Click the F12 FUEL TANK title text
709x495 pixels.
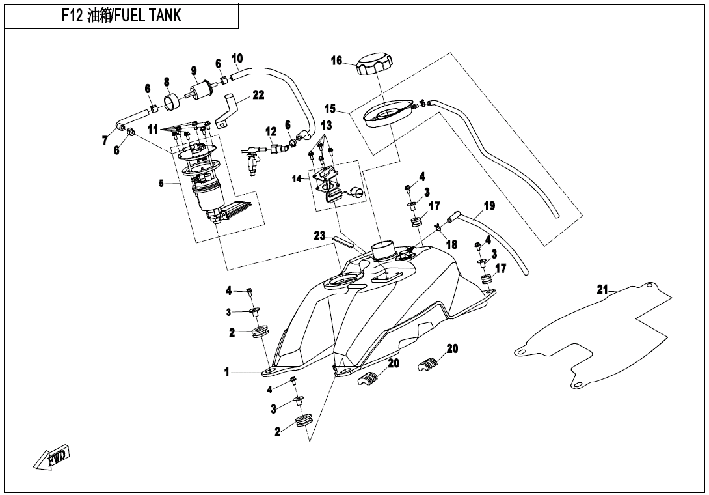click(x=121, y=16)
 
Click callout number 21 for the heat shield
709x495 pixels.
click(x=602, y=289)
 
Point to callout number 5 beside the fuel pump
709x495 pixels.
click(x=161, y=184)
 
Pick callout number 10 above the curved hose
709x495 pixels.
click(x=237, y=59)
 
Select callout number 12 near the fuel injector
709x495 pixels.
click(x=271, y=132)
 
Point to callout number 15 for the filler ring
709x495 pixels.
click(x=330, y=108)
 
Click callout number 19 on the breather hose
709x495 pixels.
click(x=489, y=206)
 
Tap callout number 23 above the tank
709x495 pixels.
click(x=319, y=236)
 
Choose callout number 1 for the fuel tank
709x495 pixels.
click(x=227, y=373)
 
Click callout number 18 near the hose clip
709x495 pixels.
click(x=451, y=245)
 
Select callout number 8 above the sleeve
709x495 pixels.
click(x=167, y=82)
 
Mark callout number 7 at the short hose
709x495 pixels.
click(x=105, y=141)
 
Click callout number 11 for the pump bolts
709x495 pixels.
click(x=152, y=130)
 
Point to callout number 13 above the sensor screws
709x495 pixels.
click(x=326, y=125)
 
